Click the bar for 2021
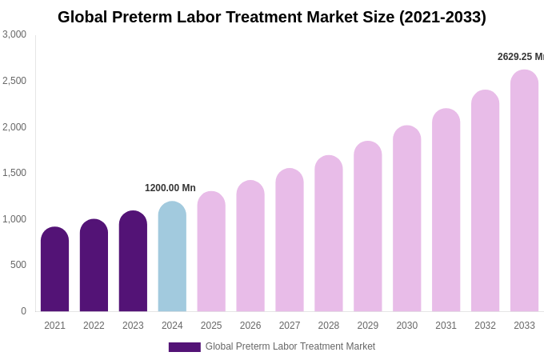click(54, 270)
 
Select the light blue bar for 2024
click(172, 257)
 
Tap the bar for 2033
click(524, 191)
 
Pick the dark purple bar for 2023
click(133, 262)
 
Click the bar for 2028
click(328, 234)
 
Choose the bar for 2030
click(406, 219)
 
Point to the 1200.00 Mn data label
click(170, 188)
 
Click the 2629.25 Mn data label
click(520, 57)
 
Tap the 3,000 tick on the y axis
click(14, 34)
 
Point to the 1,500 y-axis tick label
click(14, 173)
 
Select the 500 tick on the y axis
click(18, 265)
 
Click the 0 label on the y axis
click(23, 311)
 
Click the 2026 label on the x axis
click(250, 326)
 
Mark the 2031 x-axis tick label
click(446, 326)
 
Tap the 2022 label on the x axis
click(94, 326)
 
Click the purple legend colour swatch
click(184, 347)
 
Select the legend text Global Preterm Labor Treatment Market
click(290, 346)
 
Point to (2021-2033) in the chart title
click(442, 17)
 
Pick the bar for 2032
click(485, 201)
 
